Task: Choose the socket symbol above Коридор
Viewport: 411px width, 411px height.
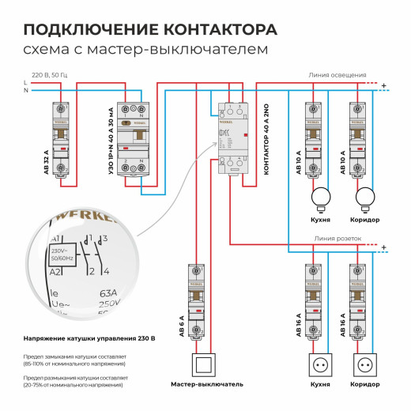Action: [x=365, y=367]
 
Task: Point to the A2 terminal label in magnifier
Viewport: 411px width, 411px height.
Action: [x=56, y=272]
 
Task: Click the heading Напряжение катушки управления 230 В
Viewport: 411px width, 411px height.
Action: [x=89, y=337]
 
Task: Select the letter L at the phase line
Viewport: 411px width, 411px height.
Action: [x=26, y=82]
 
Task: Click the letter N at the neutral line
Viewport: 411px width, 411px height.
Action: [x=26, y=91]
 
